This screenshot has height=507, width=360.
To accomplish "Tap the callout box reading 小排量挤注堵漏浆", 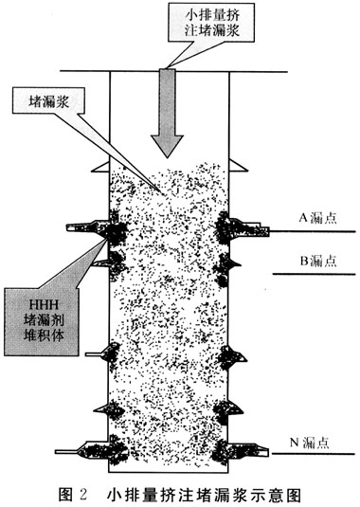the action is (x=211, y=22).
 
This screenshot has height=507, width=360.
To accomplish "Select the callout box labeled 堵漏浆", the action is (x=48, y=100).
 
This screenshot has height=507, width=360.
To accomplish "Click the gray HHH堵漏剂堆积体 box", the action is (x=42, y=321).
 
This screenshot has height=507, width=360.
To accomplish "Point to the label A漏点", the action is (x=317, y=218).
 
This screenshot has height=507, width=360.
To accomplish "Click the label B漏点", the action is (x=318, y=261).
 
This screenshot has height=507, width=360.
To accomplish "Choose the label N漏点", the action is (x=309, y=442).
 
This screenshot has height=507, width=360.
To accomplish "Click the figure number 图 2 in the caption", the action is (x=73, y=495).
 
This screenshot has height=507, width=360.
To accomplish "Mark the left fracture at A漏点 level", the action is (x=87, y=227).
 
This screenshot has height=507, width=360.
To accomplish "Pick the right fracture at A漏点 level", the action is (x=249, y=227).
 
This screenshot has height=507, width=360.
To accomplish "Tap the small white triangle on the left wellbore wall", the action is (x=101, y=167).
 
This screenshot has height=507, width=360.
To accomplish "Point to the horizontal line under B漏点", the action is (x=315, y=274).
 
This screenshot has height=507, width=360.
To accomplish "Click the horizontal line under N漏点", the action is (x=314, y=454).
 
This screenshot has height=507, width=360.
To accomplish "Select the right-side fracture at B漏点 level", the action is (x=235, y=263).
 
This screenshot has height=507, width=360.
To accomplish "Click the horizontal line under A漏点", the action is (x=313, y=231).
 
